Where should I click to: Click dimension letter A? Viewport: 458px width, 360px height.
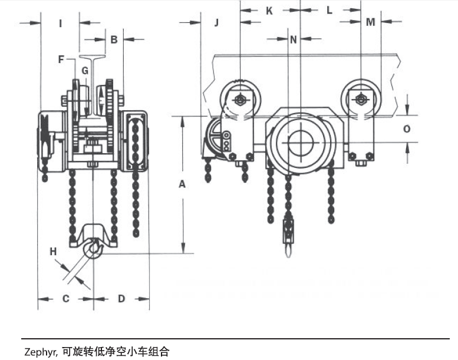pyautogui.click(x=182, y=184)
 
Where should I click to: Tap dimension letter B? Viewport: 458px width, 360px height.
pyautogui.click(x=114, y=39)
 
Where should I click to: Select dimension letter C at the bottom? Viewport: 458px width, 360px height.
pyautogui.click(x=66, y=299)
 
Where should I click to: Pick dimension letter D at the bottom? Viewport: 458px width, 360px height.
pyautogui.click(x=121, y=299)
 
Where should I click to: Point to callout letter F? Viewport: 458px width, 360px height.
pyautogui.click(x=61, y=59)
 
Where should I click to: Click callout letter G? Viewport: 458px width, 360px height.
pyautogui.click(x=85, y=71)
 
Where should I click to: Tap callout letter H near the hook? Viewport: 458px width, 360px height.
pyautogui.click(x=53, y=252)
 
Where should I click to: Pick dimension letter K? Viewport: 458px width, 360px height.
pyautogui.click(x=269, y=10)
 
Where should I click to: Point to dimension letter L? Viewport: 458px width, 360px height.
pyautogui.click(x=330, y=10)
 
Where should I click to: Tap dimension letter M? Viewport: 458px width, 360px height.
pyautogui.click(x=370, y=22)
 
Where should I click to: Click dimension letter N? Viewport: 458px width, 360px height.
pyautogui.click(x=294, y=39)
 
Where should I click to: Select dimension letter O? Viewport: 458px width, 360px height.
pyautogui.click(x=407, y=128)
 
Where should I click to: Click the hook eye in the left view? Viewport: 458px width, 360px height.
pyautogui.click(x=94, y=250)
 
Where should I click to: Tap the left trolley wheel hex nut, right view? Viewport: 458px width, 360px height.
pyautogui.click(x=239, y=100)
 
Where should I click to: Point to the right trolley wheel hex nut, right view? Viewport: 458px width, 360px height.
pyautogui.click(x=360, y=100)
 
